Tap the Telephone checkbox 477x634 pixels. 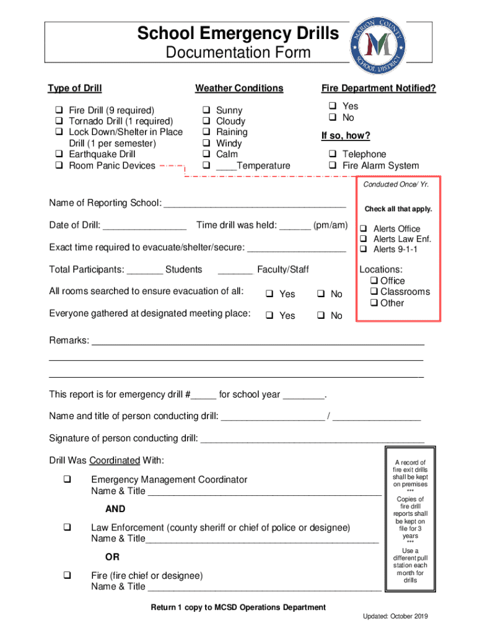coord(333,154)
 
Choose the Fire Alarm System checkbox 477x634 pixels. coord(333,165)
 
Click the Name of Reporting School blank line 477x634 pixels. coord(254,204)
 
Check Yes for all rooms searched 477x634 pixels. coord(270,294)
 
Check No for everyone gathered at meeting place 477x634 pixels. coord(321,316)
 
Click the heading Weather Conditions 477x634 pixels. coord(239,88)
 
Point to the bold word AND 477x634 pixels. coord(115,509)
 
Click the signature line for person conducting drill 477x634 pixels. coord(312,439)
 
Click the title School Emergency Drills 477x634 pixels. coord(238,33)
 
